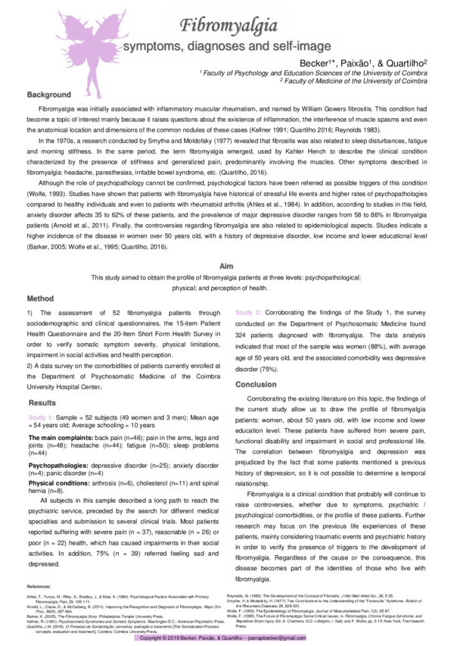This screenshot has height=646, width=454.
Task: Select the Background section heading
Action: pos(49,95)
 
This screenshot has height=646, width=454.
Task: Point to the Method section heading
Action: pos(41,298)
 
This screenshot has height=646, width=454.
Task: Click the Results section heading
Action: pos(42,402)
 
